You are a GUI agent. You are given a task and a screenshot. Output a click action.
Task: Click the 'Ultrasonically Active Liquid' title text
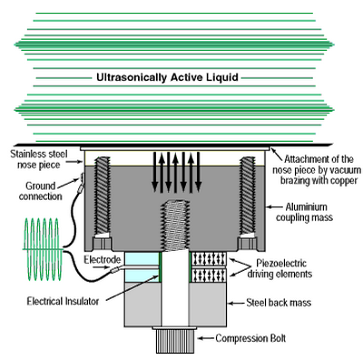pos(167,77)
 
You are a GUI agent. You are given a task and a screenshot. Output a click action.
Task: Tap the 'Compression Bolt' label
pos(250,338)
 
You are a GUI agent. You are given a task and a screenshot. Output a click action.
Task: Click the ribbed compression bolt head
pos(175,340)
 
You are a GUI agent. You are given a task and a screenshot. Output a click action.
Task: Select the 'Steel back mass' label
pos(279,303)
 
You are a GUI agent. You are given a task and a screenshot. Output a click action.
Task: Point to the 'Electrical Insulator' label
pos(63,301)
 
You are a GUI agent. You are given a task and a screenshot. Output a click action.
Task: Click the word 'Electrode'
pos(103,259)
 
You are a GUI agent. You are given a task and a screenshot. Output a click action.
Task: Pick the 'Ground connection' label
pos(40,191)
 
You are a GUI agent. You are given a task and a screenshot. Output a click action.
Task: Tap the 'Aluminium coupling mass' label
pos(304,212)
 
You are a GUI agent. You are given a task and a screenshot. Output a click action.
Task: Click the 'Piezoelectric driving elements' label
pos(280,268)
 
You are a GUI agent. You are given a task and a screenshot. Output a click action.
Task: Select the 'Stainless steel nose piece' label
pos(39,159)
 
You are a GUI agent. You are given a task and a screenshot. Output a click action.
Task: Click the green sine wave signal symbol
pos(43,249)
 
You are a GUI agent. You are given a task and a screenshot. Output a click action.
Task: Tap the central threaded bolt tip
pos(175,225)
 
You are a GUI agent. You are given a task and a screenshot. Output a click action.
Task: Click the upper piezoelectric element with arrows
pos(209,259)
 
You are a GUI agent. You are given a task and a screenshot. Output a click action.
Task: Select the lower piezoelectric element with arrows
pos(209,275)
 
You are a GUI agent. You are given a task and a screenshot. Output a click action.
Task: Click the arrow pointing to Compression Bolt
pos(206,338)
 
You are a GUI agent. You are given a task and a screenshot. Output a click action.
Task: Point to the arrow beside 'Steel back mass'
pos(236,303)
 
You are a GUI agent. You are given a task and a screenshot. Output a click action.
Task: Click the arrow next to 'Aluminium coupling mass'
pos(275,207)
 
